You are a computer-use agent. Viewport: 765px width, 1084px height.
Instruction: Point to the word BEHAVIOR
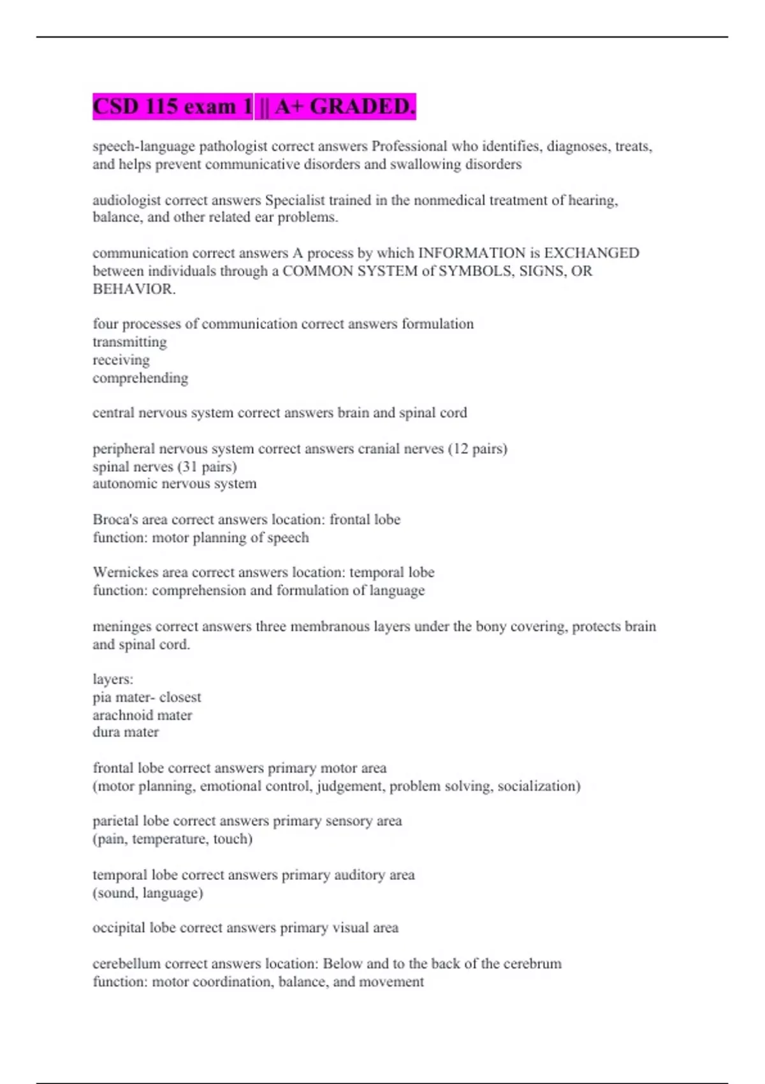tap(133, 289)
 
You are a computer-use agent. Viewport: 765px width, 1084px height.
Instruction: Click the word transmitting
tap(129, 342)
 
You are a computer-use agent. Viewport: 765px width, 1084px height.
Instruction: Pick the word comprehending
tap(140, 378)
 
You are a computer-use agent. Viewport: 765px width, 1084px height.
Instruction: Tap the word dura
tap(106, 733)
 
